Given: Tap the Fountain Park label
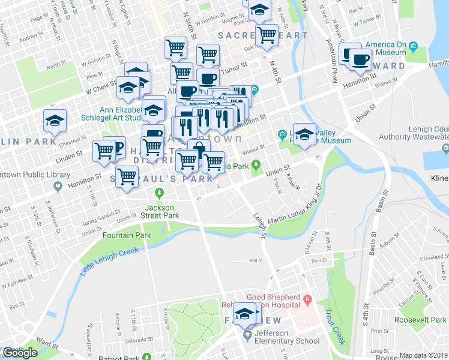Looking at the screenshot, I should [x=126, y=235].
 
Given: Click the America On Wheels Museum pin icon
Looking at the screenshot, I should [x=414, y=46].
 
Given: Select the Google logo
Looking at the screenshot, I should [x=20, y=353].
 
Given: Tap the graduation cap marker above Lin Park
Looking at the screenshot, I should [x=55, y=121].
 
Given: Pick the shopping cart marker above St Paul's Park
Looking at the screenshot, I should [x=127, y=178].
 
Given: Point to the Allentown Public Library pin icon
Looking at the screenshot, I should [x=58, y=186].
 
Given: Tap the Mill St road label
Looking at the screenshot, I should [x=256, y=261].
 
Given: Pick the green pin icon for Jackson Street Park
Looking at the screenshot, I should [x=159, y=193].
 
